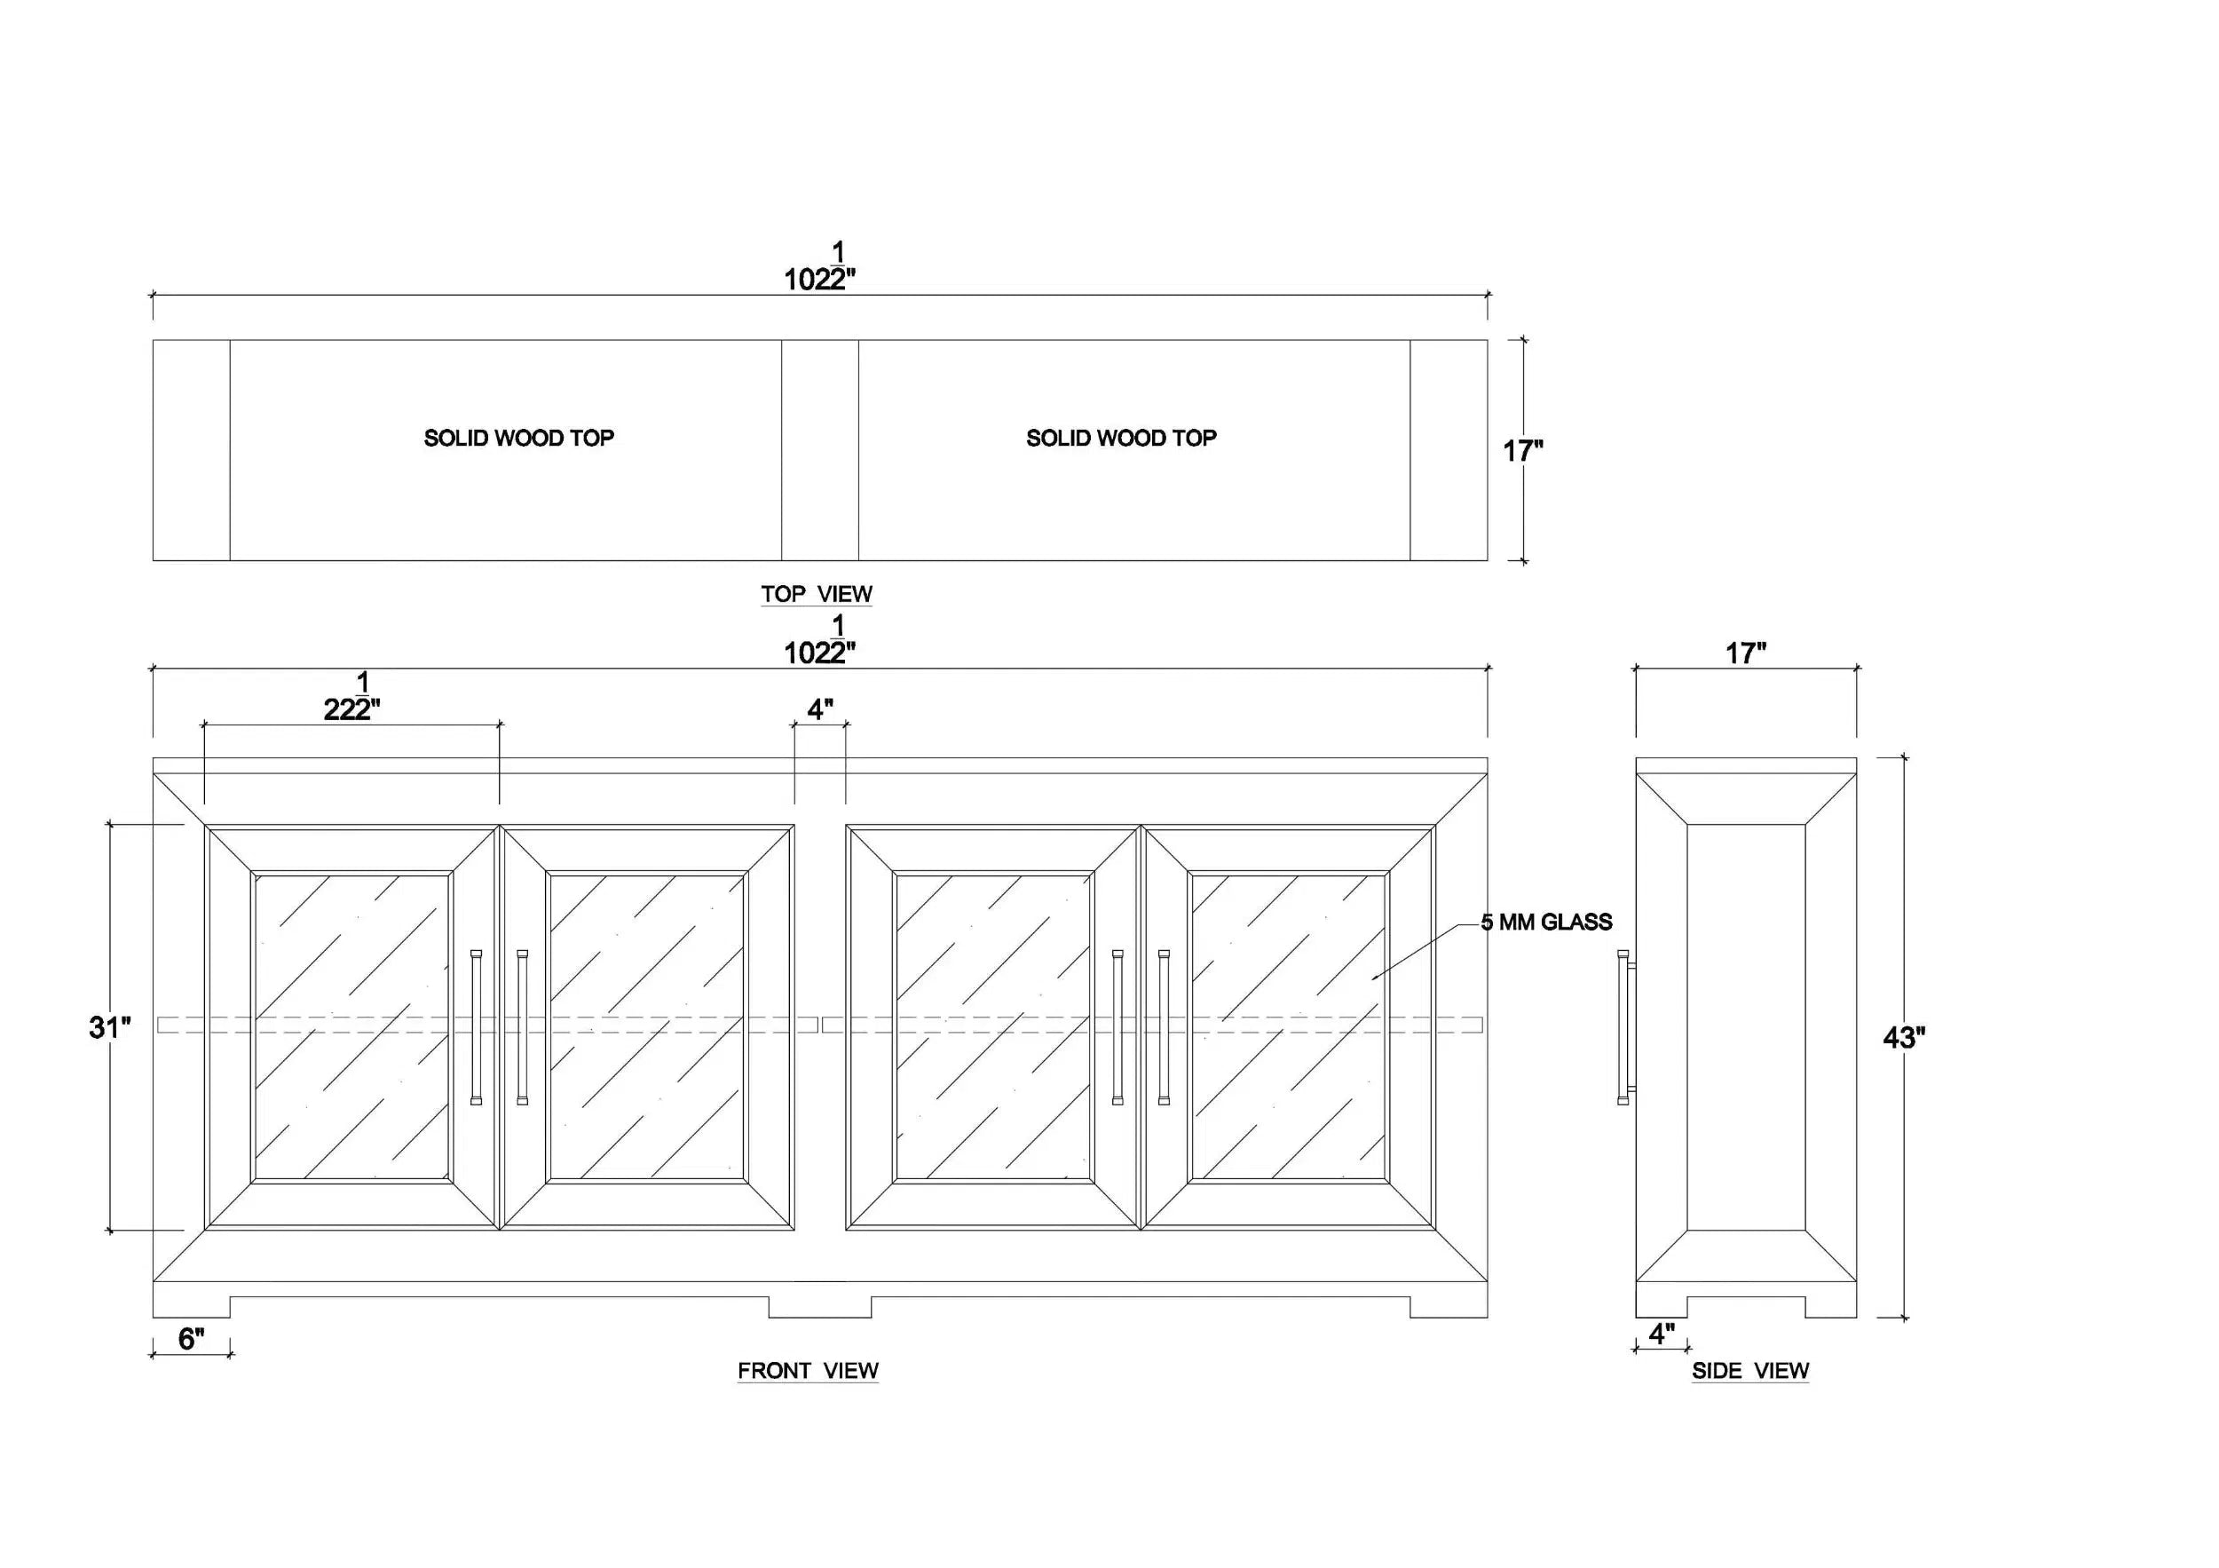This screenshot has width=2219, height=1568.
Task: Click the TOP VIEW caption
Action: tap(817, 594)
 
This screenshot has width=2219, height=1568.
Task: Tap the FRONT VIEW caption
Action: tap(808, 1370)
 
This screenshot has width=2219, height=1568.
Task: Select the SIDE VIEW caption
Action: tap(1750, 1370)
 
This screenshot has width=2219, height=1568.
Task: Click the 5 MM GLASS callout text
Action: tap(1546, 923)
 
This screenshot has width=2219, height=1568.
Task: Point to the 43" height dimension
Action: tap(1904, 1037)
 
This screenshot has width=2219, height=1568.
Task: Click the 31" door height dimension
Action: tap(110, 1026)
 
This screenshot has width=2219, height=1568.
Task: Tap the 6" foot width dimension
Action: tap(192, 1338)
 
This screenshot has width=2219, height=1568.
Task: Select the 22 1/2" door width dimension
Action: tap(351, 696)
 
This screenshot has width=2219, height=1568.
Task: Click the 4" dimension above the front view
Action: tap(820, 709)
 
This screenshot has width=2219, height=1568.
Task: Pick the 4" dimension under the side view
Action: tap(1662, 1334)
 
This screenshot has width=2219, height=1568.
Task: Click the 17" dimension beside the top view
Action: tap(1523, 450)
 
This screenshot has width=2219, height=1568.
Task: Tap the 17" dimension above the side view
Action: tap(1747, 653)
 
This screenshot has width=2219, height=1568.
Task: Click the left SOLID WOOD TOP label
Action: tap(519, 438)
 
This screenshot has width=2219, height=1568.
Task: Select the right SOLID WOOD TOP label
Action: tap(1121, 438)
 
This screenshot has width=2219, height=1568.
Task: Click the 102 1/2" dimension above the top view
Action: tap(819, 265)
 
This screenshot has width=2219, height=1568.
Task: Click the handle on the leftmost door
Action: tap(476, 1026)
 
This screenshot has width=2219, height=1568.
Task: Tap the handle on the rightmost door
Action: tap(1164, 1026)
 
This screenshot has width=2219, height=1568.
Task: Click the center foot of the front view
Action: tap(819, 1307)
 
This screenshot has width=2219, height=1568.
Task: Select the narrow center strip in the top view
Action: tap(819, 449)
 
